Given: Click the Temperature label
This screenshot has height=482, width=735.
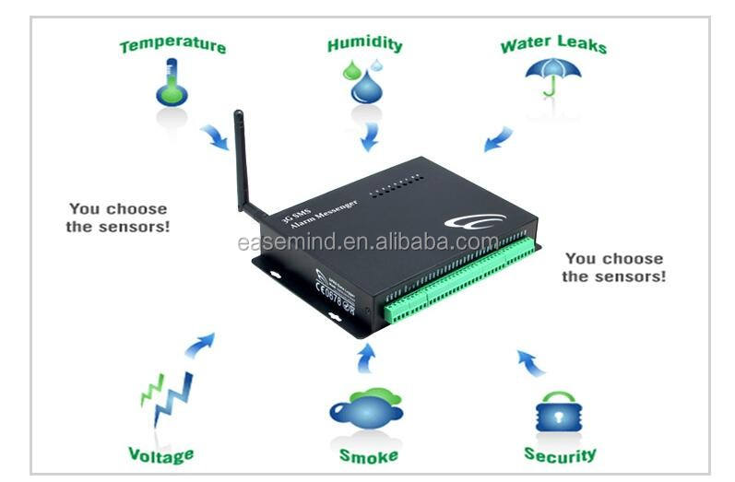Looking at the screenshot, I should click(x=172, y=44).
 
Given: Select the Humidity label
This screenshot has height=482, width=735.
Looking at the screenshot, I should click(x=365, y=44).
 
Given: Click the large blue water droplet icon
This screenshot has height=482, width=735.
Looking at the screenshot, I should click(x=371, y=85).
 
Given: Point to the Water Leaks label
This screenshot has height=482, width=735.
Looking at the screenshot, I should click(x=554, y=45).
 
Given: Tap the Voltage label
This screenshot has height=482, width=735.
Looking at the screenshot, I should click(x=160, y=454).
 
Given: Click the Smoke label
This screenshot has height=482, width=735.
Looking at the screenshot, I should click(x=368, y=456).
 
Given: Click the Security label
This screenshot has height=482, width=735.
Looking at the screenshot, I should click(x=560, y=454).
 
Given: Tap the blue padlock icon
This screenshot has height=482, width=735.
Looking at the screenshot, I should click(x=559, y=412).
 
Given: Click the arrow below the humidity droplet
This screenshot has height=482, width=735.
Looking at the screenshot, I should click(x=370, y=136).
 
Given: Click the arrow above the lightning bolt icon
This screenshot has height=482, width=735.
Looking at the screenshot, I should click(x=200, y=345).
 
